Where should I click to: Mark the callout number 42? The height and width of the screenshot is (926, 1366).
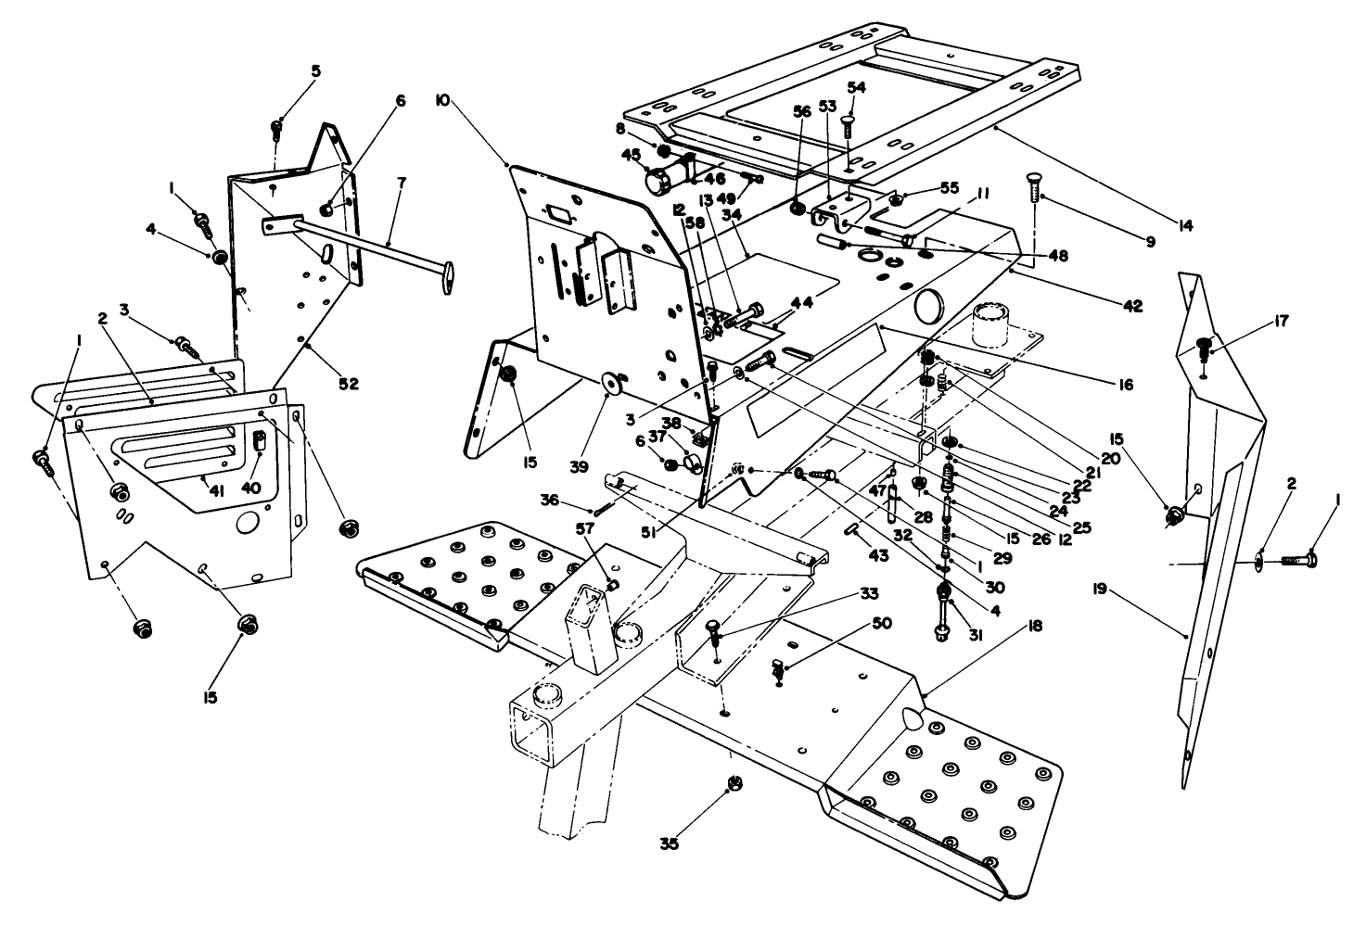1132,307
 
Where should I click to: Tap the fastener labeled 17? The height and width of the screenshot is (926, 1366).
1204,348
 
